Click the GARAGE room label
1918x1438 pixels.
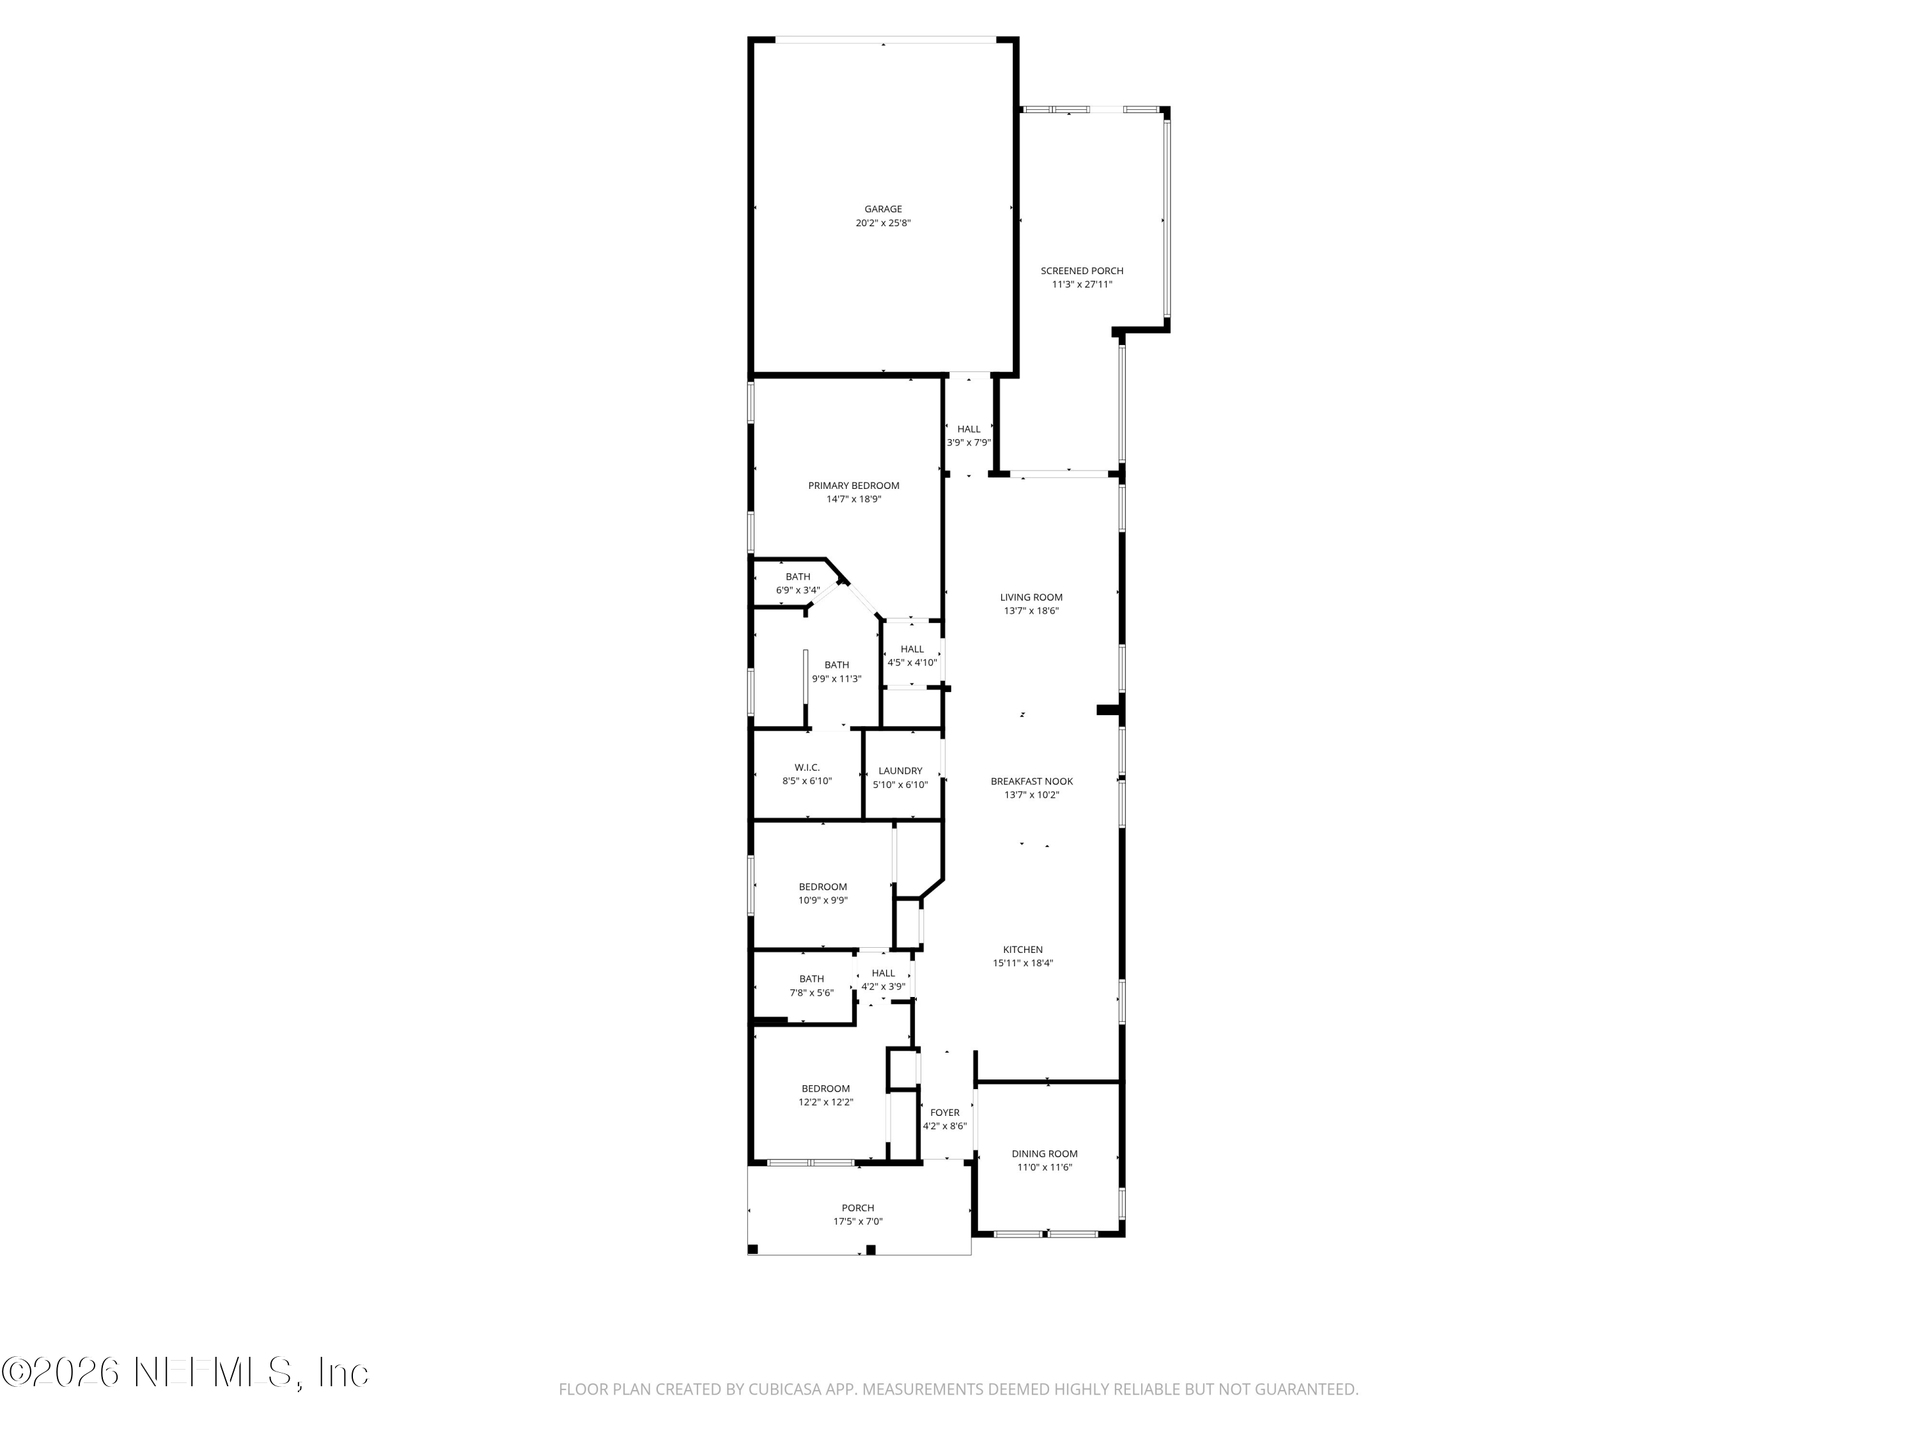(x=883, y=209)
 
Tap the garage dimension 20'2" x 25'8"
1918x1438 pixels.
(x=883, y=223)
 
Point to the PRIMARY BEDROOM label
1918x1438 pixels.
(x=854, y=485)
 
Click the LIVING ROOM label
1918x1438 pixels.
(x=1031, y=597)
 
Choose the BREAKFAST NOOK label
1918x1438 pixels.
(x=1032, y=781)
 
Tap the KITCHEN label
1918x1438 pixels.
(x=1023, y=949)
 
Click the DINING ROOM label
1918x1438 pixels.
(x=1044, y=1154)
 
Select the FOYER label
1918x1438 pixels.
(x=944, y=1113)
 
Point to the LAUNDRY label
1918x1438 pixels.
(x=900, y=771)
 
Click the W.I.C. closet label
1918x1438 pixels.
(x=806, y=767)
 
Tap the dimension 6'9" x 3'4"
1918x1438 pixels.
(x=798, y=591)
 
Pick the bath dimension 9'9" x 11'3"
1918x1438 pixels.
(x=836, y=679)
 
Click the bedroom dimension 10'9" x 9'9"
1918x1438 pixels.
(x=822, y=901)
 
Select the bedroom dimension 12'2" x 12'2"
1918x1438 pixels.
(x=825, y=1102)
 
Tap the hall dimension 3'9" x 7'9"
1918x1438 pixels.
(x=969, y=442)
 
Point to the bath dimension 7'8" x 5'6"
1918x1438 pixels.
(x=811, y=993)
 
